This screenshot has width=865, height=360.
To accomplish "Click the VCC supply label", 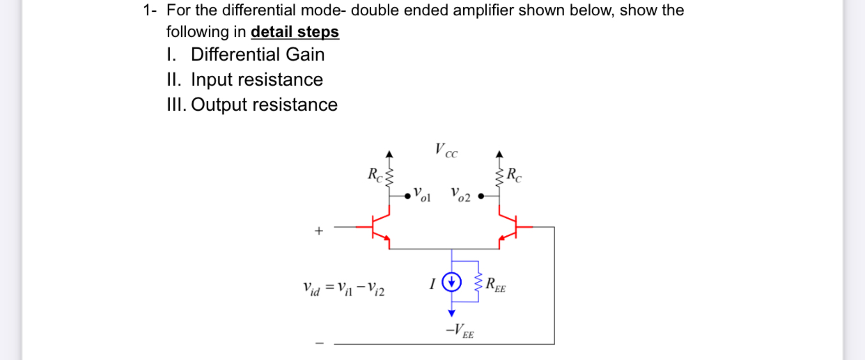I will [446, 150].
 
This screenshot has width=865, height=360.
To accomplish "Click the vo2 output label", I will [460, 195].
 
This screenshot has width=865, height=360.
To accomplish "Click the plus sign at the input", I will [319, 230].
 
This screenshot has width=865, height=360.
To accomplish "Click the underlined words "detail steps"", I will [295, 32].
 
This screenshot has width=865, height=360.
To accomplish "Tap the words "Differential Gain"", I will [258, 54].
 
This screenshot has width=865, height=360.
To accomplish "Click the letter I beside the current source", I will [433, 283].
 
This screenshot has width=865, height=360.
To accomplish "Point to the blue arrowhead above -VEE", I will [452, 313].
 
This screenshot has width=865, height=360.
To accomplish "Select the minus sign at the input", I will [320, 343].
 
